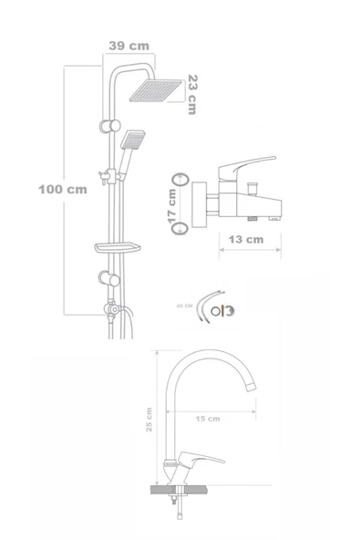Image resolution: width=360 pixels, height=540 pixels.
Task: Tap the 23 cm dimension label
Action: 191,94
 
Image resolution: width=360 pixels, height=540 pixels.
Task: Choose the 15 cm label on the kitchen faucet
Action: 208,419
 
